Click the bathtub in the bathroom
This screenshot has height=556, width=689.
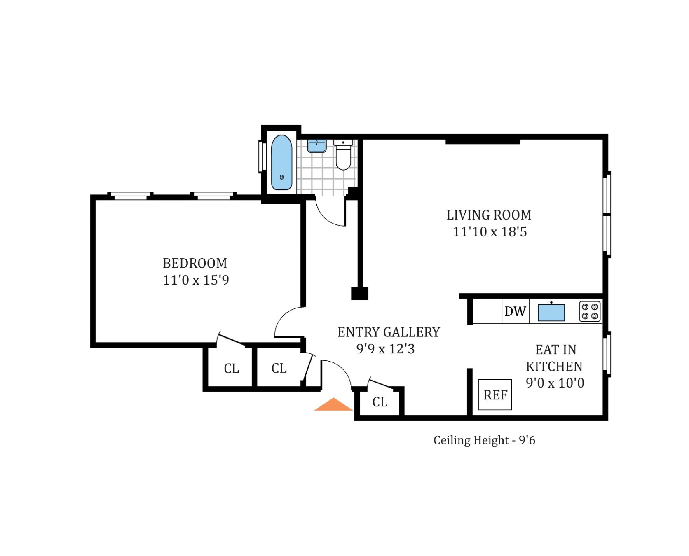[x=281, y=163]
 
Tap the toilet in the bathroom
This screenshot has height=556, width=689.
[x=343, y=156]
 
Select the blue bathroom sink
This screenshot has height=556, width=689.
[x=317, y=146]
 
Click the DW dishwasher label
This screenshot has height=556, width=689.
[x=515, y=311]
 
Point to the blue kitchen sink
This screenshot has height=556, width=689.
[x=551, y=313]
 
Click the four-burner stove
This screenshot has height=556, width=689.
[x=590, y=311]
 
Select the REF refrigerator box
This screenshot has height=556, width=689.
[x=495, y=395]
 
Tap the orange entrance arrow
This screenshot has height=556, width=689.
[x=333, y=405]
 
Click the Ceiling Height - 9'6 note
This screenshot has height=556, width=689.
[x=484, y=440]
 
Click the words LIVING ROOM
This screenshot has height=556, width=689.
[x=489, y=215]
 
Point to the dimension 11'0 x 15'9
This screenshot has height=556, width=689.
[x=196, y=280]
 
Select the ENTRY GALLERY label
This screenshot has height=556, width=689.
[x=389, y=332]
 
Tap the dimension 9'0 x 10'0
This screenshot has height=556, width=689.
[x=555, y=383]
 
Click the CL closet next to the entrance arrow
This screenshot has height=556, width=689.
[x=380, y=402]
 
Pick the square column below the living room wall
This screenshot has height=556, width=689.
[x=359, y=293]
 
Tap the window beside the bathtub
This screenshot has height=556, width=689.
[x=260, y=157]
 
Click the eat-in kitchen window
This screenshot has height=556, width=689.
[x=607, y=354]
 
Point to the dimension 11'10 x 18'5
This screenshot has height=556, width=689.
[x=490, y=232]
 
